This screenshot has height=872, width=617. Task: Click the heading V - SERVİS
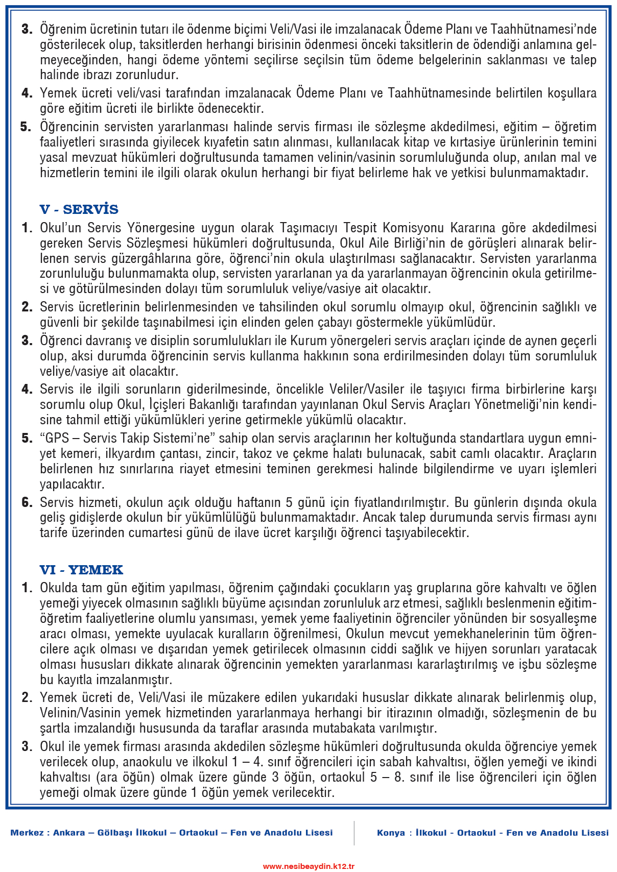79,209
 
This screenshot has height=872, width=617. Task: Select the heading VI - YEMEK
81,570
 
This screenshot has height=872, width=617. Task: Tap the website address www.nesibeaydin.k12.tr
308,866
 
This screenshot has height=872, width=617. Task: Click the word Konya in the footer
391,833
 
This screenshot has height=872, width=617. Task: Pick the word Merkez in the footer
27,833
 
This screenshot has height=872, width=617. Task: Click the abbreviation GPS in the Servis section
57,438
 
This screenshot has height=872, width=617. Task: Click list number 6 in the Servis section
27,502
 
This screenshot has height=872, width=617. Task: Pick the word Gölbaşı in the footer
115,833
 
